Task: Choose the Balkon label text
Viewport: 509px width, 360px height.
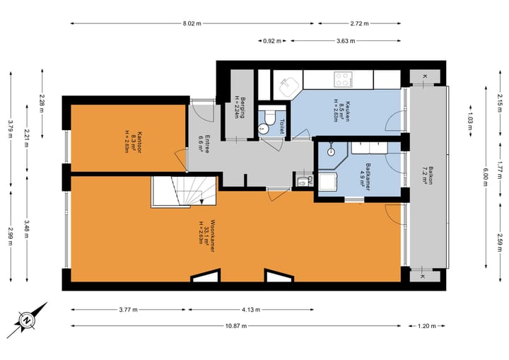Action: click(x=426, y=171)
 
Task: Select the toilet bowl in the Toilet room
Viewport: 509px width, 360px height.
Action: click(x=264, y=128)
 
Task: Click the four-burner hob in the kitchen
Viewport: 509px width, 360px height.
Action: click(x=344, y=79)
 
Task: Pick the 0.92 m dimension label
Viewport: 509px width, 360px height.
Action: click(x=269, y=40)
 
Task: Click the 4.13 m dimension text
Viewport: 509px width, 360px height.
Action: click(x=247, y=309)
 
